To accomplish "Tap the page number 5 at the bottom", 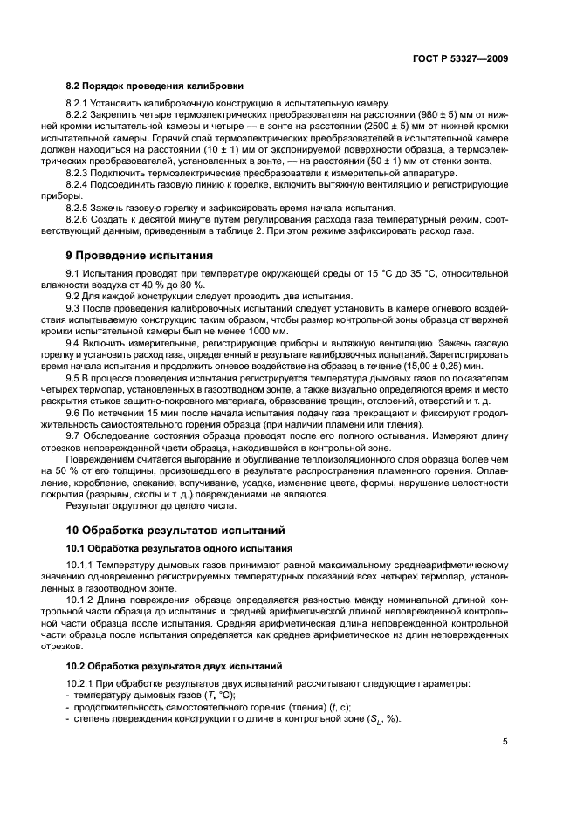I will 505,742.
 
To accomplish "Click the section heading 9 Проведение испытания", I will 140,256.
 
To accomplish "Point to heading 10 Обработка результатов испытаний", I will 180,530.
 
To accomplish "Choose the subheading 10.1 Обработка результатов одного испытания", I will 179,548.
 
